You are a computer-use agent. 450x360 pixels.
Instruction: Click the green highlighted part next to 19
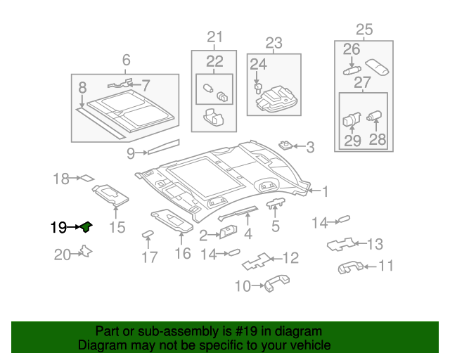[x=86, y=226]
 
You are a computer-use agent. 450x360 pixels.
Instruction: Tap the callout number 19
[x=58, y=228]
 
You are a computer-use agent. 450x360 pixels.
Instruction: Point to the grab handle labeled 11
[x=350, y=266]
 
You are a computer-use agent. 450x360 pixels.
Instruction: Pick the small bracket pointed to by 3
[x=285, y=146]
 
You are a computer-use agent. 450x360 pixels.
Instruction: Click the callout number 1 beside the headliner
[x=325, y=190]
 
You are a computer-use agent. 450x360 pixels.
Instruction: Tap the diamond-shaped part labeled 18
[x=86, y=179]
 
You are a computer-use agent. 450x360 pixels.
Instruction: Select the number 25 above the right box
[x=364, y=30]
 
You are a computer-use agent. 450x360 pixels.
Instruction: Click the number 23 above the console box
[x=274, y=42]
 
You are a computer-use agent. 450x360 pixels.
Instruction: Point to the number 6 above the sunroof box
[x=127, y=60]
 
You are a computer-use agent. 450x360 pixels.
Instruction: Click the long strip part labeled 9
[x=162, y=147]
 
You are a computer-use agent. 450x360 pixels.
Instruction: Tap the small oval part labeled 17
[x=148, y=234]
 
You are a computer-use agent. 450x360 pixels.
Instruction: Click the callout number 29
[x=352, y=140]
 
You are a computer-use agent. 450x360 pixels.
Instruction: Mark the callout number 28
[x=378, y=140]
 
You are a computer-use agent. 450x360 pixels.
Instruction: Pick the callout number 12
[x=290, y=258]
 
